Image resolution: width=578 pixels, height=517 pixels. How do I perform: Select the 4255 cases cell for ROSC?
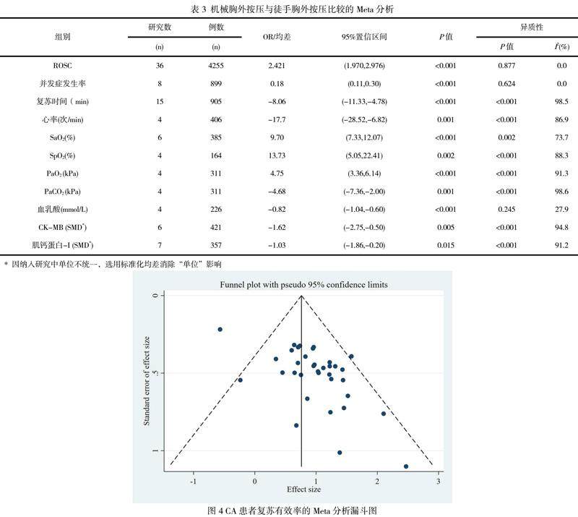(x=215, y=67)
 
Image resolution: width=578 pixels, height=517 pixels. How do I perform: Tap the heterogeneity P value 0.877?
(x=506, y=67)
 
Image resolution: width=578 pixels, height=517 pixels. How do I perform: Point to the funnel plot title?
(x=303, y=285)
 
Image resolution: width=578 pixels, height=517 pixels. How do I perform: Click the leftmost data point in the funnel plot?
(x=220, y=330)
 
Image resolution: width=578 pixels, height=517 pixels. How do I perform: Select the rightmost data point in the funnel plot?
(x=406, y=466)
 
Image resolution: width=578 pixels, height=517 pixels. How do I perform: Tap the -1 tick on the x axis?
(x=193, y=481)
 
